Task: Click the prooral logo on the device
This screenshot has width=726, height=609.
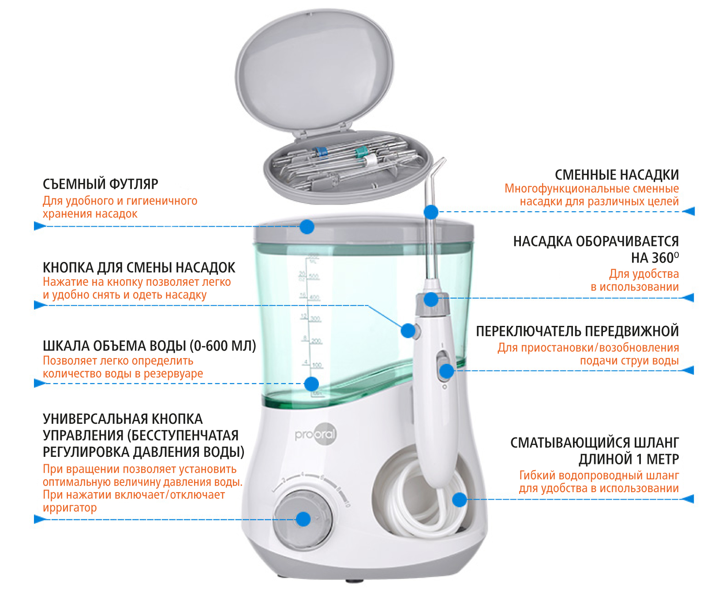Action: tap(316, 434)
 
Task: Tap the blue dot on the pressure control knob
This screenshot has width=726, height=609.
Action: tap(303, 519)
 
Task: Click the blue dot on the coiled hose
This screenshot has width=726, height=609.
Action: tap(460, 500)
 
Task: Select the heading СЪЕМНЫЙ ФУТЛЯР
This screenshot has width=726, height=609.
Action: tap(100, 184)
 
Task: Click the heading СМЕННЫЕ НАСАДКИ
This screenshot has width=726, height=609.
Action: tap(617, 175)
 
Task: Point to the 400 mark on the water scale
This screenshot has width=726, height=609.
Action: tap(314, 297)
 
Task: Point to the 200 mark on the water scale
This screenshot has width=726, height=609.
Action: tap(316, 341)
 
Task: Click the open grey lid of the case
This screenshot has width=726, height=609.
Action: tap(314, 71)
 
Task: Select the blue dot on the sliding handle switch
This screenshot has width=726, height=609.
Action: tap(446, 371)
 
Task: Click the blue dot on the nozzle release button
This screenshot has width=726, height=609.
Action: tap(408, 330)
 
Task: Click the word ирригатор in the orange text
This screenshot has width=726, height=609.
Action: tap(70, 508)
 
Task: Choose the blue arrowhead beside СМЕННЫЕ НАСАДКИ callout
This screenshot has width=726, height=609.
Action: tap(689, 212)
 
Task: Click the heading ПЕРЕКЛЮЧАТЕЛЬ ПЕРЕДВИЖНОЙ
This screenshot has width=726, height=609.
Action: tap(577, 331)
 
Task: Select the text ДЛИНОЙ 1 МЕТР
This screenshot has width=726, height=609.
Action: tap(629, 460)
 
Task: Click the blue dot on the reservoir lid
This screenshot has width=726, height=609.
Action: tap(307, 227)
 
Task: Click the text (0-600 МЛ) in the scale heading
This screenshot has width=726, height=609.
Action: tap(223, 346)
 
